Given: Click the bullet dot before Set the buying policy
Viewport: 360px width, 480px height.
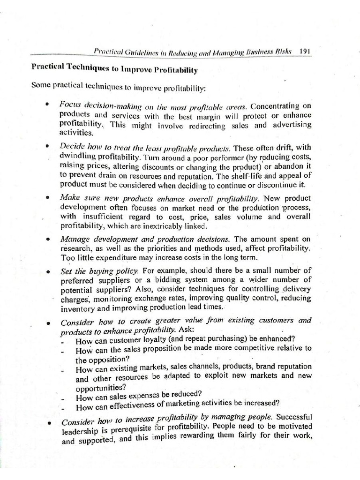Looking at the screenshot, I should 47,271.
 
